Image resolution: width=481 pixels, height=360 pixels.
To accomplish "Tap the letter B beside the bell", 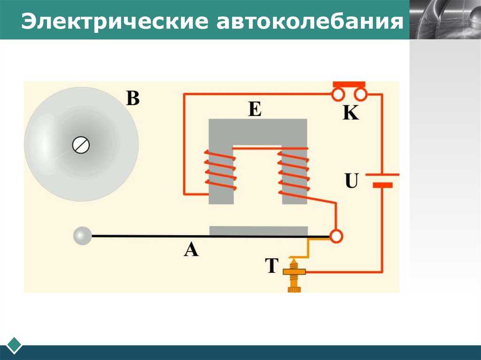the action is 132,98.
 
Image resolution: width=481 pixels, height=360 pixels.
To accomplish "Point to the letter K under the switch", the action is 350,113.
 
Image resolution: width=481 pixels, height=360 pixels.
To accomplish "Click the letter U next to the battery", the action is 351,181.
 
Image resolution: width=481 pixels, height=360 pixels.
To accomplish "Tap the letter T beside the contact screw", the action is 272,266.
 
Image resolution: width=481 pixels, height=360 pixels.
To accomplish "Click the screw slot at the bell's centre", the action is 81,145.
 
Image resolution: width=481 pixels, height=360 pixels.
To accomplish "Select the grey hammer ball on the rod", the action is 83,236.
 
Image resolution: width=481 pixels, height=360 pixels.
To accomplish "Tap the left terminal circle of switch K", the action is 338,95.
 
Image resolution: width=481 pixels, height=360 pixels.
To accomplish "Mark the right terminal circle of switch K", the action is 361,95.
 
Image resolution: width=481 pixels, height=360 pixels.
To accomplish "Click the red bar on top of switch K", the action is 349,84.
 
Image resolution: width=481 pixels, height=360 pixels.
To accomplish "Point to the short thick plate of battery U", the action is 382,185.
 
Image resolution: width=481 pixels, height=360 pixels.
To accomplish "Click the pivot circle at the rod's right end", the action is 336,237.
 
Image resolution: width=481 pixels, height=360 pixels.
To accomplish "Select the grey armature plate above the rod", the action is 258,230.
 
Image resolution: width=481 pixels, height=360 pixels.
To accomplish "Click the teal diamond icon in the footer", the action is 14,345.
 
